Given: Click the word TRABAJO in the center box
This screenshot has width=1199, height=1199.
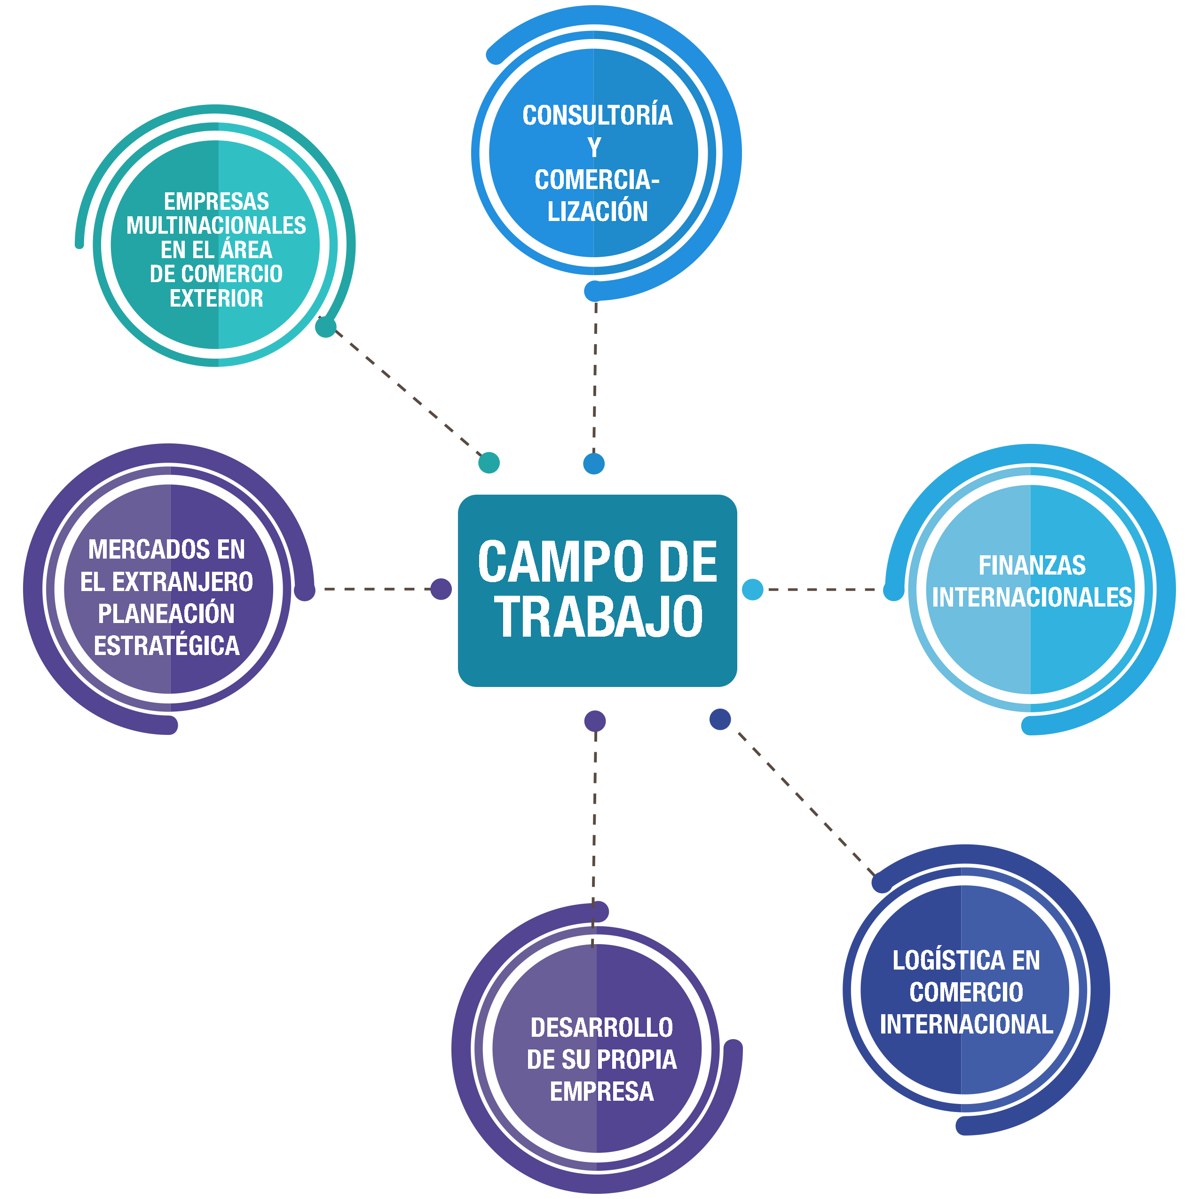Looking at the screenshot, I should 598,617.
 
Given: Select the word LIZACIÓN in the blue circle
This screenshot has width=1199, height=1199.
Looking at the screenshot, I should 597,212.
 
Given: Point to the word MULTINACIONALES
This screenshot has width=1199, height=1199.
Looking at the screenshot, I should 216,225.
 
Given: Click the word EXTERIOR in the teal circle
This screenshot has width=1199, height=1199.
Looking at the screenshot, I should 216,299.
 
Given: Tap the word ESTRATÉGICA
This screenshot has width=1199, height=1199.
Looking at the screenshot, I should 166,646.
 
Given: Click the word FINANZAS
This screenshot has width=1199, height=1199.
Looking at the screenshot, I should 1032,565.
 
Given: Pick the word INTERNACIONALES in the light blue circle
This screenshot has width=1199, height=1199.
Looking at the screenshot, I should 1032,598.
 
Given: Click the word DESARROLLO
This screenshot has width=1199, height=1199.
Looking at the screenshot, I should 601,1028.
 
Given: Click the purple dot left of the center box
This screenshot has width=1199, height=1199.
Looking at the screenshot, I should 441,589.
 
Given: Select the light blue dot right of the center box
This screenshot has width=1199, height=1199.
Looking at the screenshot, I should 752,589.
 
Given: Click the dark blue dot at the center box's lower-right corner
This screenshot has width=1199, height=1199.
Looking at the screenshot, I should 720,719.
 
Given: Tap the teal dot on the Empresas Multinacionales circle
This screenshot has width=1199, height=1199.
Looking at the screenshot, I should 326,327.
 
